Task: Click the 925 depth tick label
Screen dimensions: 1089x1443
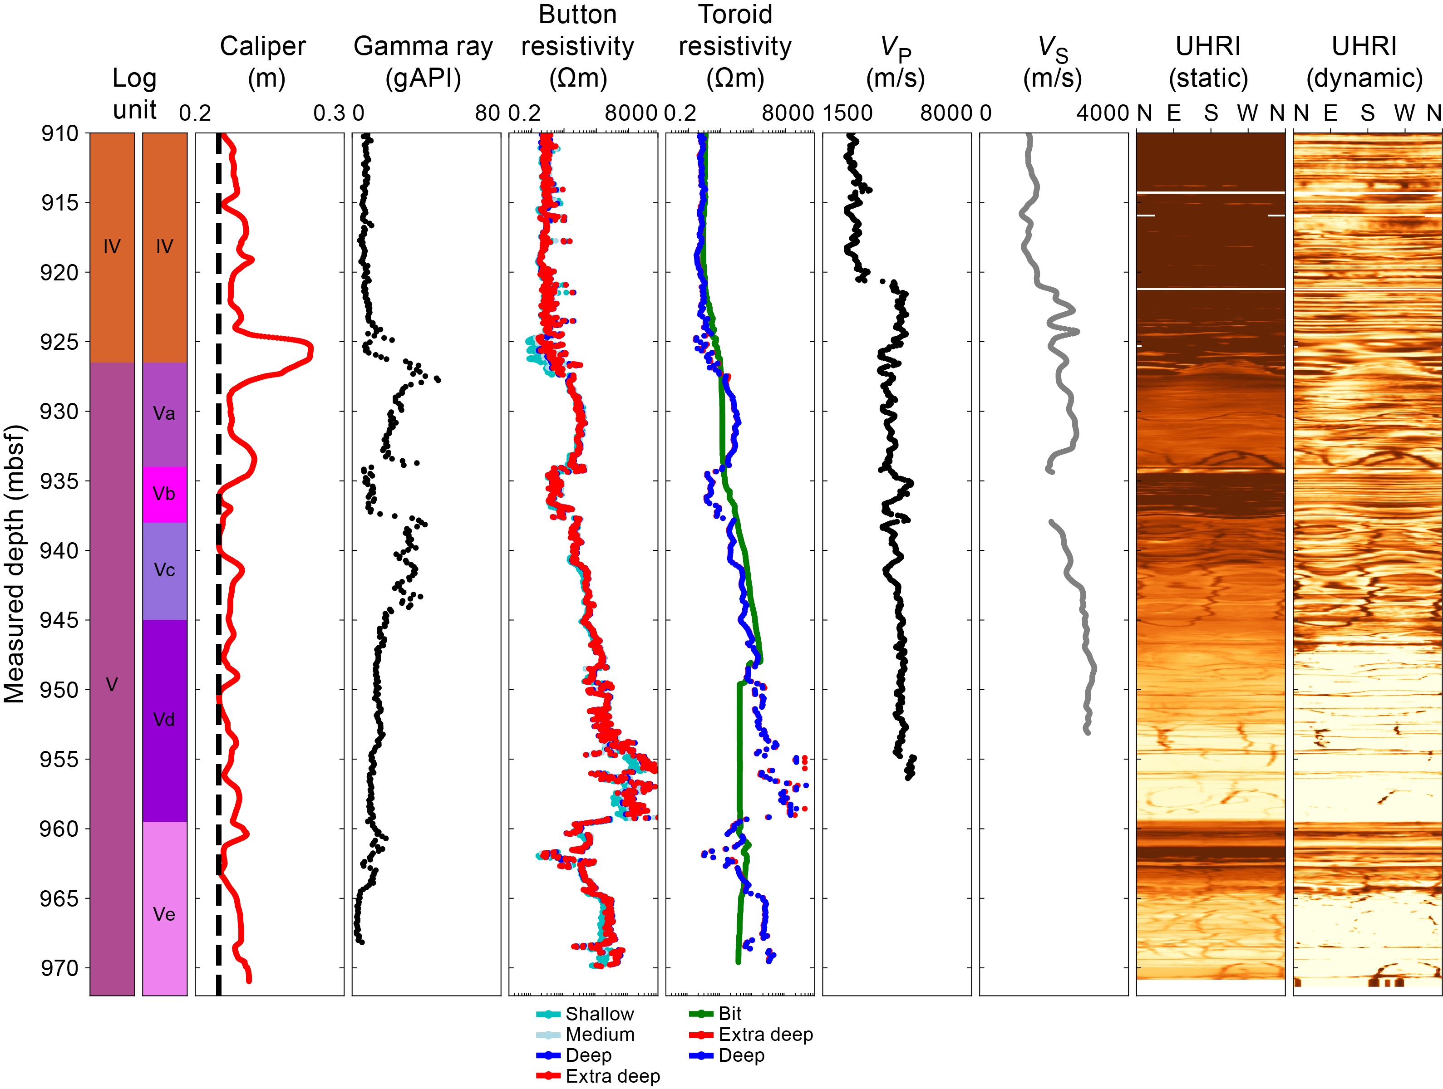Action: (x=59, y=342)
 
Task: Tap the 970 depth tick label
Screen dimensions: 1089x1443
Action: (x=59, y=968)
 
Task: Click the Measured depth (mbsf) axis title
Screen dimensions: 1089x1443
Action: (x=15, y=564)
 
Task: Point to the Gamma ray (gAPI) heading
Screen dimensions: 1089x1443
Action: (x=424, y=62)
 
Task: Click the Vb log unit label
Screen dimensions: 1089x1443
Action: (x=164, y=494)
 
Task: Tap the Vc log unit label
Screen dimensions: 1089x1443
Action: (x=164, y=570)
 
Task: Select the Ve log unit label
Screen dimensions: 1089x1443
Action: (x=164, y=914)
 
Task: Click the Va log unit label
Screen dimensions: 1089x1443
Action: (x=164, y=413)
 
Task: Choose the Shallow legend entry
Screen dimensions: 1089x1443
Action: (x=599, y=1014)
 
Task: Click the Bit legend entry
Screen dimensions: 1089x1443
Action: (x=729, y=1014)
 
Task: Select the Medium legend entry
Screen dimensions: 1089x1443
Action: (x=599, y=1035)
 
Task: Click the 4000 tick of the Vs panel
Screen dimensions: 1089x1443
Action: (x=1102, y=113)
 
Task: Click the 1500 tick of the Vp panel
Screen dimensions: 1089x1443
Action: (x=847, y=113)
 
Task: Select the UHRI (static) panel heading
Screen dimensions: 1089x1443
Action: (x=1208, y=62)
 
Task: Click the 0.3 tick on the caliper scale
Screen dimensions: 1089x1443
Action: (x=329, y=113)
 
